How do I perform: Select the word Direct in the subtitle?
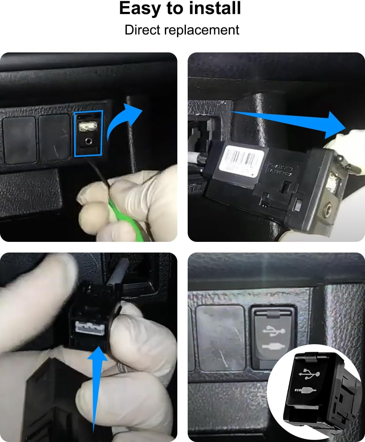point(142,30)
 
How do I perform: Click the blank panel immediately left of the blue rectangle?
point(55,137)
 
